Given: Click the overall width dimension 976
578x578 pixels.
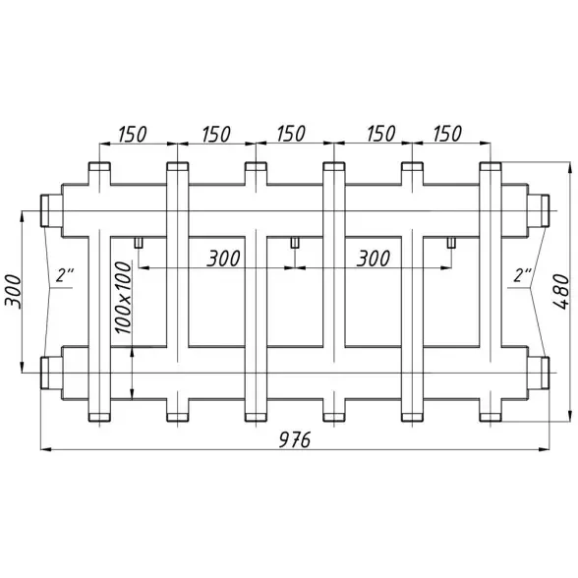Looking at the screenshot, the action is tap(295, 439).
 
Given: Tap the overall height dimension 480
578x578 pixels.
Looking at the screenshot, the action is tap(562, 291).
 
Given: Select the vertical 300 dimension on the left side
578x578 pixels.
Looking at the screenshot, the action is tap(14, 291).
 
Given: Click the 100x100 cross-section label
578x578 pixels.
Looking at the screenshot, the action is tap(123, 298).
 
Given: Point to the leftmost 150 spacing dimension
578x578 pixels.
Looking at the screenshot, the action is tap(133, 134).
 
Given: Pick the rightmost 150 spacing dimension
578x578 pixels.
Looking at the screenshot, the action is tap(447, 134).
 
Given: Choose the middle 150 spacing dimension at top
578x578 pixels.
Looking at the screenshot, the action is tap(291, 134).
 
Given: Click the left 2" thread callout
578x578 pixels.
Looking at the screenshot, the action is tap(65, 275).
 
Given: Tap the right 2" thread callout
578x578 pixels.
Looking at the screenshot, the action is tap(523, 275).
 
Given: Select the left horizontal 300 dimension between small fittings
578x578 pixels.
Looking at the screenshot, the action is tap(223, 258).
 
